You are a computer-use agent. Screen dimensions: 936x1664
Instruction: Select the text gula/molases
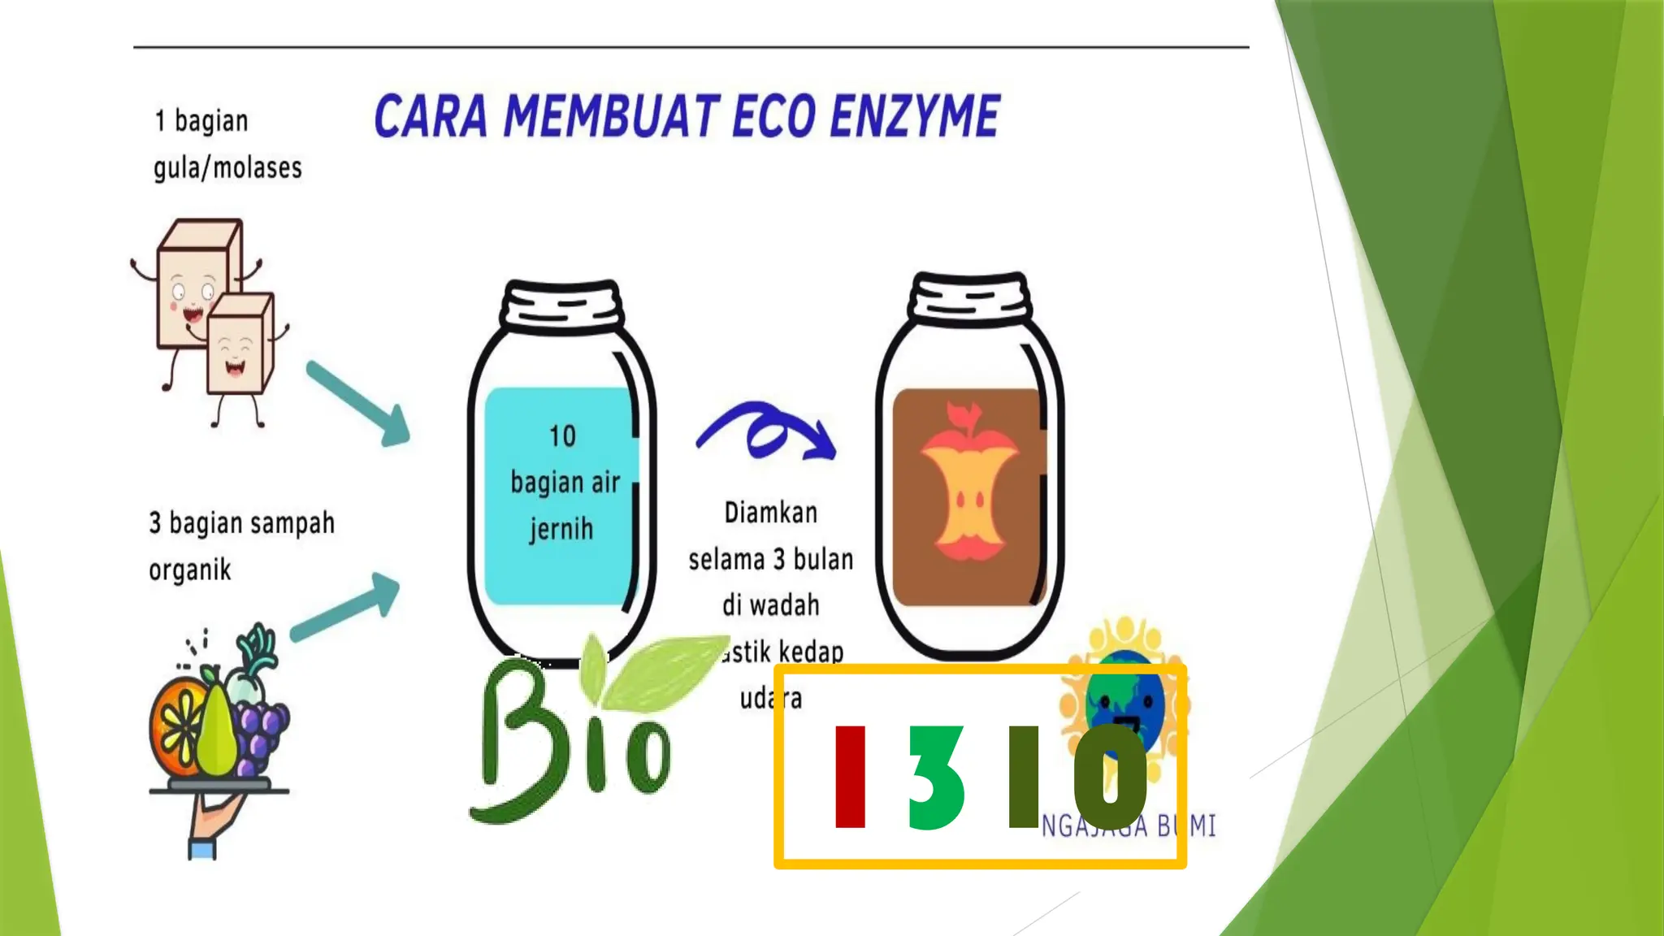227,168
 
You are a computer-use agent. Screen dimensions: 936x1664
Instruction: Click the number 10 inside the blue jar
562,436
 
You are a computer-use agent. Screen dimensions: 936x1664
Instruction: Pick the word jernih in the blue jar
561,530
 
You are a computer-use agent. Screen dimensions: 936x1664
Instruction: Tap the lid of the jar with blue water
562,305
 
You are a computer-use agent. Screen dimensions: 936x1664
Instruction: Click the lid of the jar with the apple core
970,297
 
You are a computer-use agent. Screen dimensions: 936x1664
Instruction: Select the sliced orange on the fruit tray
175,723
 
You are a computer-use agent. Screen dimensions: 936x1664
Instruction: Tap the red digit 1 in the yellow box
850,777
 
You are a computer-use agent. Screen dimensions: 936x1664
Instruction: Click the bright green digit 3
936,778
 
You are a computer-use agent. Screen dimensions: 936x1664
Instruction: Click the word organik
190,570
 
